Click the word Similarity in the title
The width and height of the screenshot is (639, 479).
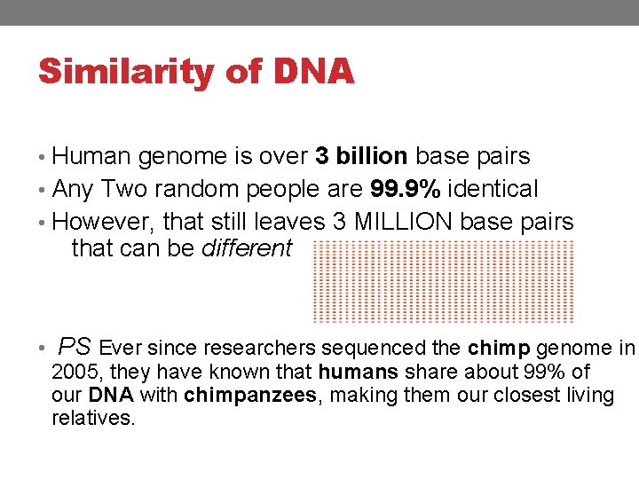tap(123, 72)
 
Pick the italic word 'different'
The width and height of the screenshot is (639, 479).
tap(247, 248)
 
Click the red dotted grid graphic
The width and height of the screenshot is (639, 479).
tap(444, 281)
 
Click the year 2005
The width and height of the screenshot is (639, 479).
tap(74, 372)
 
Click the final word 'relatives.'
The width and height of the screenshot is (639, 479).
tap(93, 418)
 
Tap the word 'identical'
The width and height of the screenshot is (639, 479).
tap(493, 189)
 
